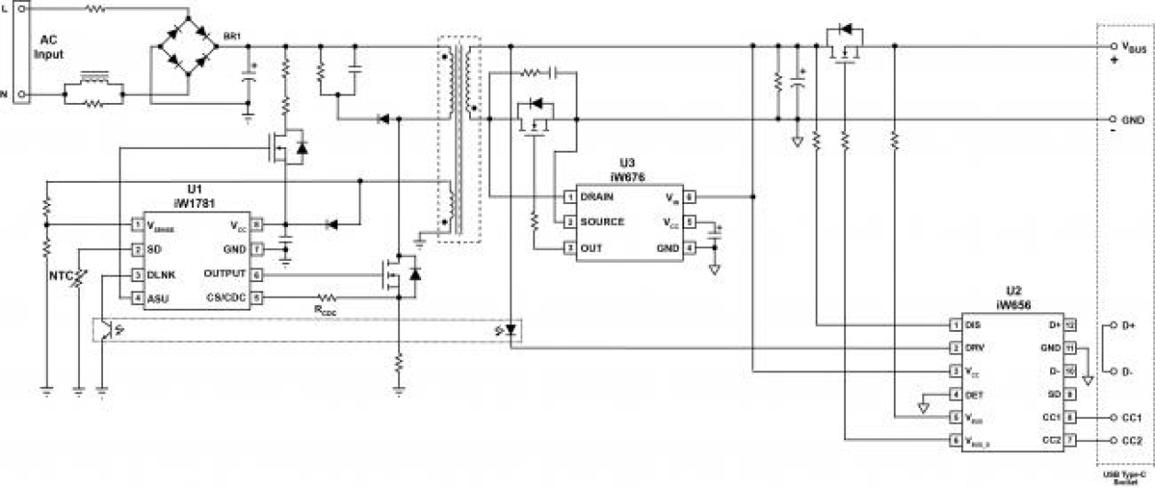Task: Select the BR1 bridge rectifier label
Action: [x=233, y=36]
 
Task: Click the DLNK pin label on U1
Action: [x=162, y=274]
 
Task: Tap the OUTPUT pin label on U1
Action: [x=224, y=274]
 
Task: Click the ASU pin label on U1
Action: [x=158, y=298]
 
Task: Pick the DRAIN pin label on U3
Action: [x=597, y=197]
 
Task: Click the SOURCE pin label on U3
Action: [x=602, y=221]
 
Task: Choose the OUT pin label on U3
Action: [x=591, y=247]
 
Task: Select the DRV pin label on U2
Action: [x=976, y=348]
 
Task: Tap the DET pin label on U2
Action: [x=975, y=394]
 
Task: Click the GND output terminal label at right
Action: [x=1133, y=120]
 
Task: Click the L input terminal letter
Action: [x=5, y=6]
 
